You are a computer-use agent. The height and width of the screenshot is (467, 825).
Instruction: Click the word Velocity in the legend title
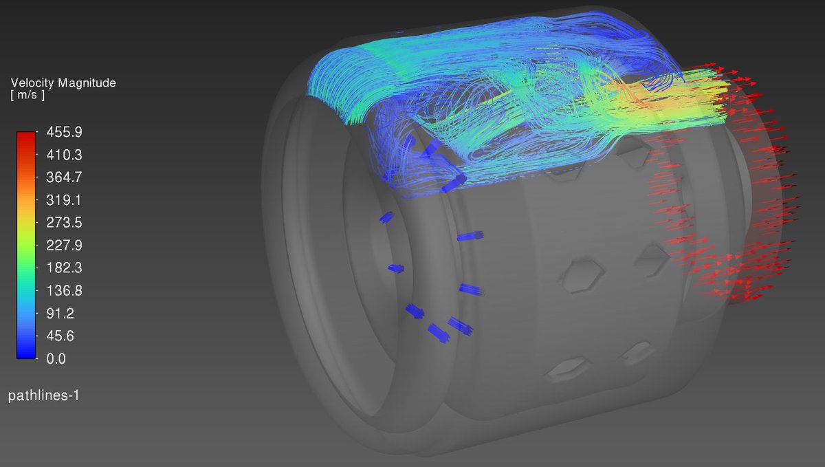click(x=32, y=83)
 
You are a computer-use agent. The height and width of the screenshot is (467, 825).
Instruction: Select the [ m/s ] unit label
click(x=27, y=96)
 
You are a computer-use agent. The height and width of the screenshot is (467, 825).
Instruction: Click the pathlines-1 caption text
click(x=43, y=395)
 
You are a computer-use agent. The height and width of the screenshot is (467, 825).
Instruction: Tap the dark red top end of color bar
click(x=25, y=135)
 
